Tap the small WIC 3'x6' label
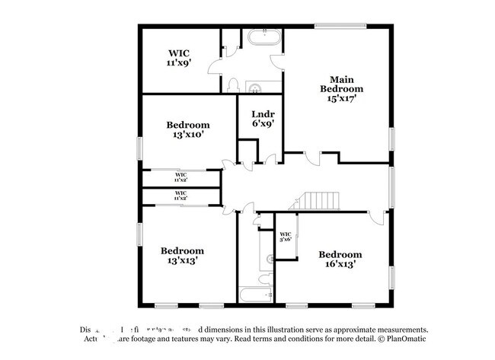click(x=286, y=237)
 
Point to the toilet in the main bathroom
click(x=235, y=85)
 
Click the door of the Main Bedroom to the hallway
click(x=313, y=158)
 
